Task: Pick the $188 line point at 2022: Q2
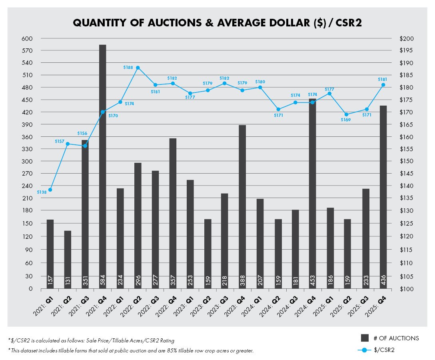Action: tap(138, 68)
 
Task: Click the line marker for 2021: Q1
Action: tap(50, 190)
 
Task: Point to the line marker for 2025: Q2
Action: tap(347, 114)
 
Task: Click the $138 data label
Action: tap(42, 192)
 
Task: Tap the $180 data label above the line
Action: tap(260, 82)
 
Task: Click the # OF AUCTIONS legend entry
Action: tap(390, 338)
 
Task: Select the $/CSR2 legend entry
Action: tap(383, 350)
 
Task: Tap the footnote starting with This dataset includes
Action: tap(132, 351)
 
